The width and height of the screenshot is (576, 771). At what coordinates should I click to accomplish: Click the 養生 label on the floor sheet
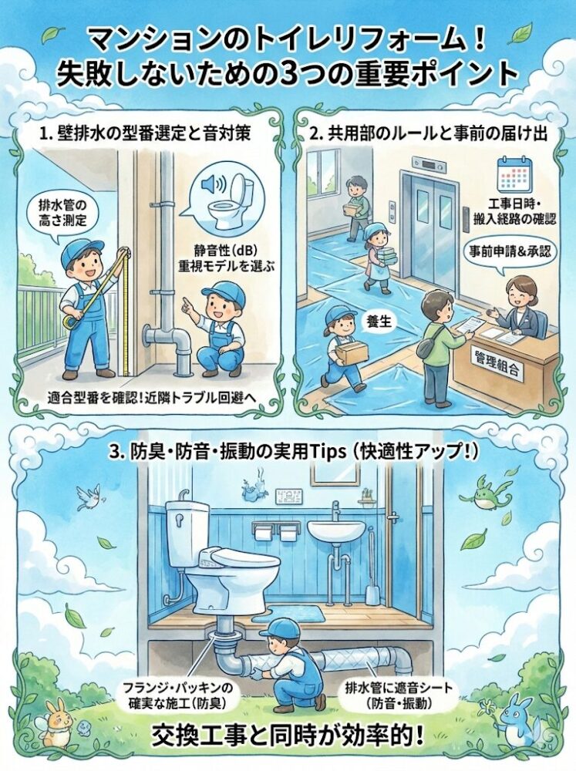coord(379,322)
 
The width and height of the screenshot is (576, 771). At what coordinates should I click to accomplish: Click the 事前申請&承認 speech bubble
coord(509,253)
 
